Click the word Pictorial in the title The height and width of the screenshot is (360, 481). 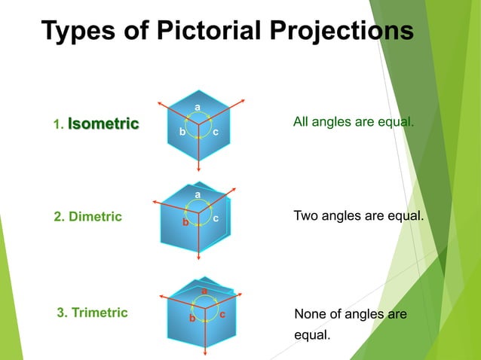click(217, 32)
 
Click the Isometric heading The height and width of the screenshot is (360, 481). click(103, 124)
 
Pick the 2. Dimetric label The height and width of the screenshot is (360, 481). click(87, 217)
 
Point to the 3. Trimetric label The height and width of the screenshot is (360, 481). click(93, 312)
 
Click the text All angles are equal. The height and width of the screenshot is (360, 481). click(353, 122)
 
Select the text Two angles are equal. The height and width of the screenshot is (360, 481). click(358, 216)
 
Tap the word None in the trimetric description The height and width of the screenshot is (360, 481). click(310, 313)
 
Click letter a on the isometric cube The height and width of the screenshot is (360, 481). click(198, 108)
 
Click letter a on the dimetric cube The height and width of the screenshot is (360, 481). click(198, 195)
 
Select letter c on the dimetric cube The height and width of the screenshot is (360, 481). click(216, 218)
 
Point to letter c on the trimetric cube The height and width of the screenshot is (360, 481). click(222, 313)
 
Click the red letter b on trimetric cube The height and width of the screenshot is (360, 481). click(192, 319)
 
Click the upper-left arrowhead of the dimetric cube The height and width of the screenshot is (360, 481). click(155, 202)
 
